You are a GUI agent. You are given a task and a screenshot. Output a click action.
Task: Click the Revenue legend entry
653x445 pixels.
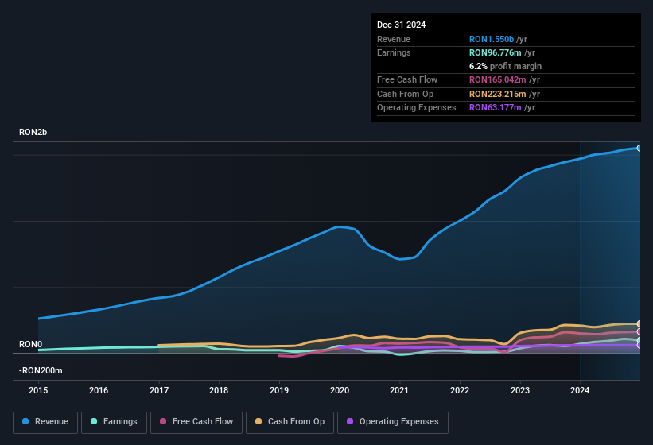(x=46, y=422)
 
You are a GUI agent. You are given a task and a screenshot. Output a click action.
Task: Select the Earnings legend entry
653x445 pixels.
(x=115, y=422)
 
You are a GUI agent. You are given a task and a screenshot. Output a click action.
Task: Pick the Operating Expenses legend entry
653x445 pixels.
(x=393, y=422)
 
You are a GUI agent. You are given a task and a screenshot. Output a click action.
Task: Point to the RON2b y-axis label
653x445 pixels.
(x=33, y=133)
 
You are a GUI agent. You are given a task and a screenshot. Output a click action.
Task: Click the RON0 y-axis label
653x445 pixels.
(x=30, y=344)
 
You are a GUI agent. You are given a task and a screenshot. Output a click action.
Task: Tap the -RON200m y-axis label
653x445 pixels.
(x=41, y=370)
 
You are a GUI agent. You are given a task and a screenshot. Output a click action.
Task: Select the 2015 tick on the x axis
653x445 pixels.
(x=39, y=390)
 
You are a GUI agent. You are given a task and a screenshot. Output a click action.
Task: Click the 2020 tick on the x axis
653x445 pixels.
(x=340, y=390)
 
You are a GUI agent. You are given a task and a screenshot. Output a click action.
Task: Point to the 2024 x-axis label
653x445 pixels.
(x=580, y=390)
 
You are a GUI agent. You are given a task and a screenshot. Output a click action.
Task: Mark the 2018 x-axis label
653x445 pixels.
(x=219, y=390)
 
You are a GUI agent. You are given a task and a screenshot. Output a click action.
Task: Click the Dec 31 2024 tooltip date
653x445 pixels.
(x=401, y=25)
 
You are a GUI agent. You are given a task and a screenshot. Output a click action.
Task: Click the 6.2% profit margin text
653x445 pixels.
(x=505, y=66)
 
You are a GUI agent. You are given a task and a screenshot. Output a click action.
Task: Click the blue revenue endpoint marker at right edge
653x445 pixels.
(x=639, y=148)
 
